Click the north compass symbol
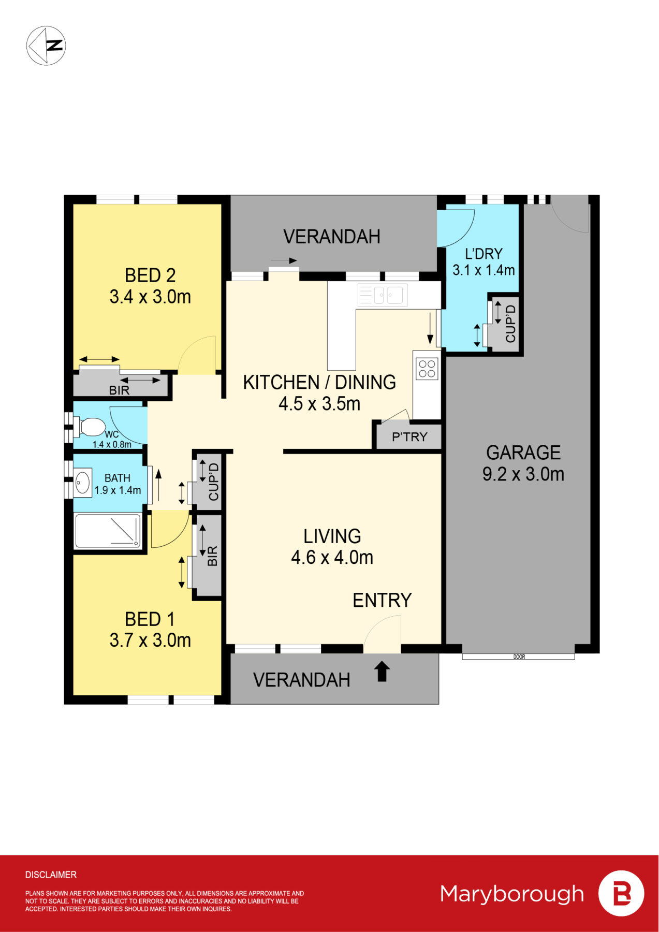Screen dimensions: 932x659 [46, 46]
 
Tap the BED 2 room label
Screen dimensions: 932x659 [150, 275]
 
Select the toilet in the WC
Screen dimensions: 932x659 [90, 427]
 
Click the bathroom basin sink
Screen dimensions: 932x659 [82, 483]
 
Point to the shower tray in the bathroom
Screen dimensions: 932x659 [108, 531]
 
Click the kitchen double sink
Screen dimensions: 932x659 [383, 295]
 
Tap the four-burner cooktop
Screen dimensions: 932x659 [427, 368]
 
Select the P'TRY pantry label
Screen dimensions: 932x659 [409, 437]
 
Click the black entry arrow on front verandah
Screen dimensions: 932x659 [382, 672]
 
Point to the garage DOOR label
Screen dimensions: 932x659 [519, 657]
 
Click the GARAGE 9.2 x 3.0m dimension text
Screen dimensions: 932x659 [523, 474]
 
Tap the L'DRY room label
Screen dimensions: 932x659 [484, 254]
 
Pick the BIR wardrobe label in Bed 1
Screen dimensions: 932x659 [212, 556]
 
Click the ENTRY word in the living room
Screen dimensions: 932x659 [382, 600]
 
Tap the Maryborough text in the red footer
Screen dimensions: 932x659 [511, 894]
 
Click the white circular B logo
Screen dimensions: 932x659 [621, 893]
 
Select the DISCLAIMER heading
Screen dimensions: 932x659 [51, 875]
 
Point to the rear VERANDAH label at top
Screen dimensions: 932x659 [332, 237]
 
